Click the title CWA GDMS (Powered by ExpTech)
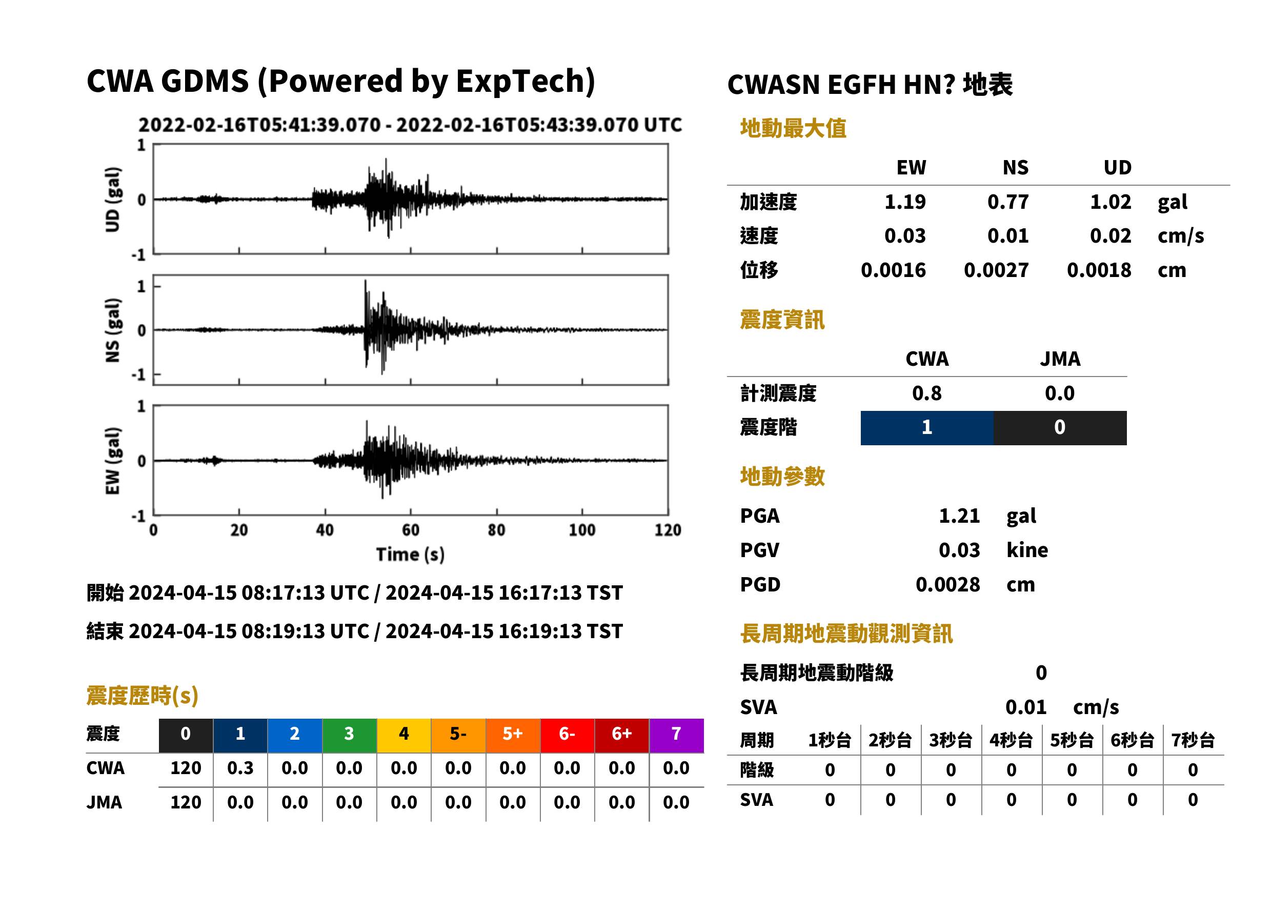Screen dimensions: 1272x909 coord(340,82)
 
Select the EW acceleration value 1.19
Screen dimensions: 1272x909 coord(904,202)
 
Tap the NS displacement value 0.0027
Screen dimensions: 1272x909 coord(996,270)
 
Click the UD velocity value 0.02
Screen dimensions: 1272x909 coord(1111,235)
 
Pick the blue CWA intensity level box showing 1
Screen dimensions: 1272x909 coord(927,428)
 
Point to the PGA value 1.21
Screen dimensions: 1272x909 coord(959,516)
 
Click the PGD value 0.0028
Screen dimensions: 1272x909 coord(947,584)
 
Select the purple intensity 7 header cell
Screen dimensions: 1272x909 coord(676,735)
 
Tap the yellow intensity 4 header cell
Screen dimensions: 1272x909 coord(404,735)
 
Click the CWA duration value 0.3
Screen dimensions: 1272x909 coord(240,768)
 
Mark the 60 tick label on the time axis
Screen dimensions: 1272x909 coord(411,530)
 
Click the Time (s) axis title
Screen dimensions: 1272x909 coord(411,555)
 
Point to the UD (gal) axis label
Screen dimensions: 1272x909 coord(112,199)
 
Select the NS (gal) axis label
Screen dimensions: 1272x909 coord(112,330)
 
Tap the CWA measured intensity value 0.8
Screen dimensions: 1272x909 coord(926,393)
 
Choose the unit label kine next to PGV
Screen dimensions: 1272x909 coord(1027,550)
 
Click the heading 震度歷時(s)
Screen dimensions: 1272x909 coord(143,696)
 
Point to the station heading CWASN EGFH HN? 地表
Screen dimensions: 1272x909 coord(870,85)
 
